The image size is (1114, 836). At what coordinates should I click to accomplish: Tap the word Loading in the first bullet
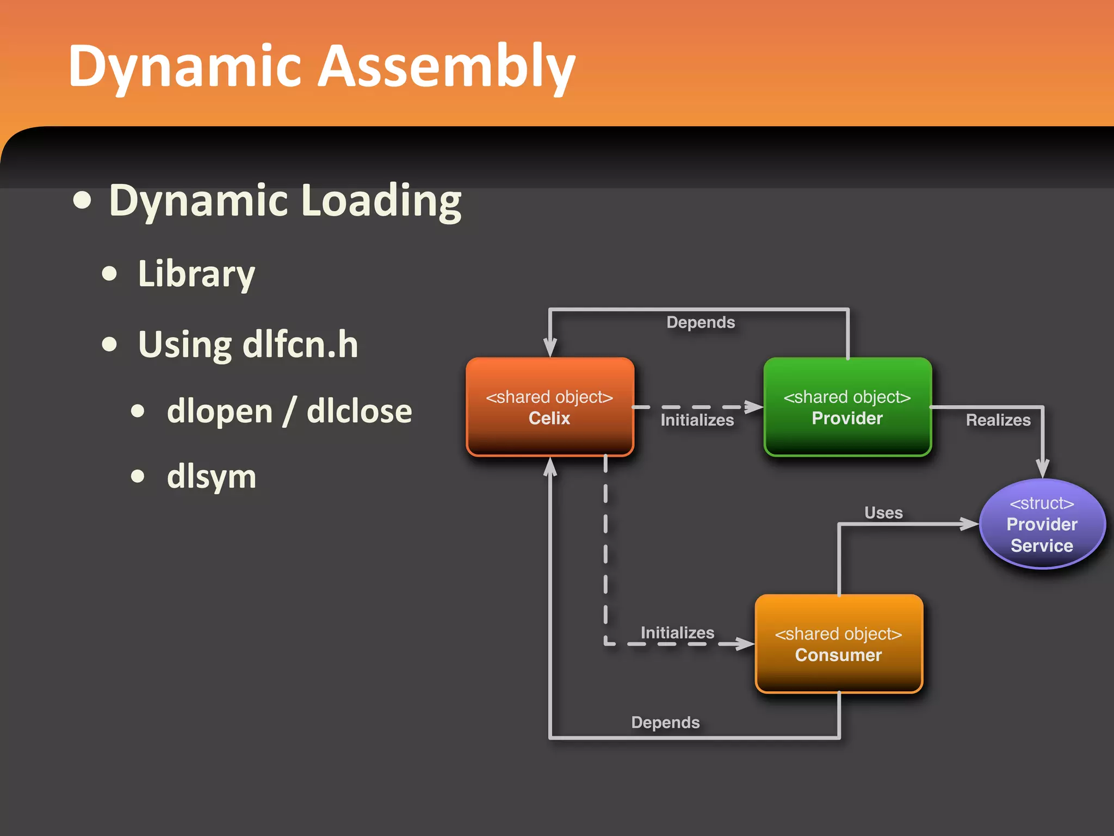tap(381, 201)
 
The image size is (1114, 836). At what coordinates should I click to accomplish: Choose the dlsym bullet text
tap(212, 477)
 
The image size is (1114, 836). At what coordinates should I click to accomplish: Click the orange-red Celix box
tap(549, 407)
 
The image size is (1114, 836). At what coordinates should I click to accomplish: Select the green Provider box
tap(847, 407)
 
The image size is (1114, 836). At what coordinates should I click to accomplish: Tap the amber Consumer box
tap(838, 644)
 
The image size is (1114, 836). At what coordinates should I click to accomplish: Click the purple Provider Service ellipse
tap(1042, 524)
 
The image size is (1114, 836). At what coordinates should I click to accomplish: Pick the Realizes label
tap(998, 420)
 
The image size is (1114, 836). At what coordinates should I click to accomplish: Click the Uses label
tap(883, 513)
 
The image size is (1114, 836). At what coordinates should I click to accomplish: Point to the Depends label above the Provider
tap(701, 322)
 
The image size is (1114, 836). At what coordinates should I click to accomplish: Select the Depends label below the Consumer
tap(665, 722)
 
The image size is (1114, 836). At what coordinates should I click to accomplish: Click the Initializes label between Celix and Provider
tap(697, 420)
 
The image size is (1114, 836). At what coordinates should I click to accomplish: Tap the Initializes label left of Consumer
tap(677, 632)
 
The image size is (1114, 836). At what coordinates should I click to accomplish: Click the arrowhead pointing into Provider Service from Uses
tap(969, 524)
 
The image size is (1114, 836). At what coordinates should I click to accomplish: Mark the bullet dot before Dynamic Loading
tap(83, 200)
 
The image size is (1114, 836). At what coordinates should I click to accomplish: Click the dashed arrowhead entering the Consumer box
tap(745, 644)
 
